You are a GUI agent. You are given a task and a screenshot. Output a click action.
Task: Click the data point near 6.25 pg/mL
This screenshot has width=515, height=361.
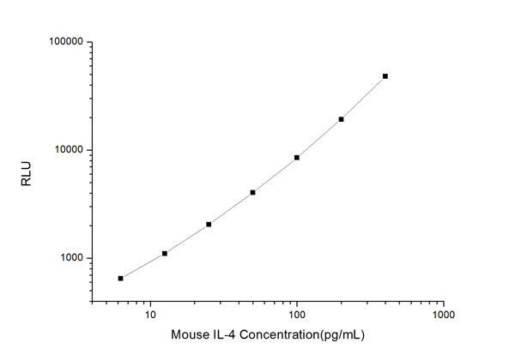(121, 278)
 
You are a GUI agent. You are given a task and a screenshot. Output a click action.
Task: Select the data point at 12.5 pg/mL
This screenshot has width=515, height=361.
(165, 253)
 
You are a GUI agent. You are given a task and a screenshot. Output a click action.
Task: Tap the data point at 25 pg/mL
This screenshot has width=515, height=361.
(209, 224)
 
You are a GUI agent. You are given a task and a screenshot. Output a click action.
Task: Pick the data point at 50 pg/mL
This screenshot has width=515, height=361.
(252, 192)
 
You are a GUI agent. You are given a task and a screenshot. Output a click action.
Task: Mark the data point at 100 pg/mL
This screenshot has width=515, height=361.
(297, 157)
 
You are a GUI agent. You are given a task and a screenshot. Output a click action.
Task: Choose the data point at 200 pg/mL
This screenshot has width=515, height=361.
(341, 119)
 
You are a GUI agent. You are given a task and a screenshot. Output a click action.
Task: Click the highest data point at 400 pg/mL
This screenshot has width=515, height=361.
(385, 76)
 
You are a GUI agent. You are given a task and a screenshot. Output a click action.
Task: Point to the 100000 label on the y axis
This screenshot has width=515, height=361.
(64, 42)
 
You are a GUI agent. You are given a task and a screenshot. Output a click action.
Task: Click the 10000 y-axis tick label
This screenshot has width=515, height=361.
(67, 150)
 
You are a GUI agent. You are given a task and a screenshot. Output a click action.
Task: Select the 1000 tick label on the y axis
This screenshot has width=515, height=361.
(70, 258)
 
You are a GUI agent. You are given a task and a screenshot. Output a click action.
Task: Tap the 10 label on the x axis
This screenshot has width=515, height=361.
(150, 315)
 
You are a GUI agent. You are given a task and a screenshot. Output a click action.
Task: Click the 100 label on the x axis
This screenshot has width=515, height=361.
(297, 315)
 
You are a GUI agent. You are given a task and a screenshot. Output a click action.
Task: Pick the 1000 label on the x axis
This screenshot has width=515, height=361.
(443, 315)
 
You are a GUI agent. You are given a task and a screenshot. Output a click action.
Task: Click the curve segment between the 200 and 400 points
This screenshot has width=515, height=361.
(364, 98)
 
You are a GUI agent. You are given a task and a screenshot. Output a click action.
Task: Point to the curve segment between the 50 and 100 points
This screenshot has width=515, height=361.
(275, 175)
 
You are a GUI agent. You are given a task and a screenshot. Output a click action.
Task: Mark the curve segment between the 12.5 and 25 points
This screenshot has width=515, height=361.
(187, 238)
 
